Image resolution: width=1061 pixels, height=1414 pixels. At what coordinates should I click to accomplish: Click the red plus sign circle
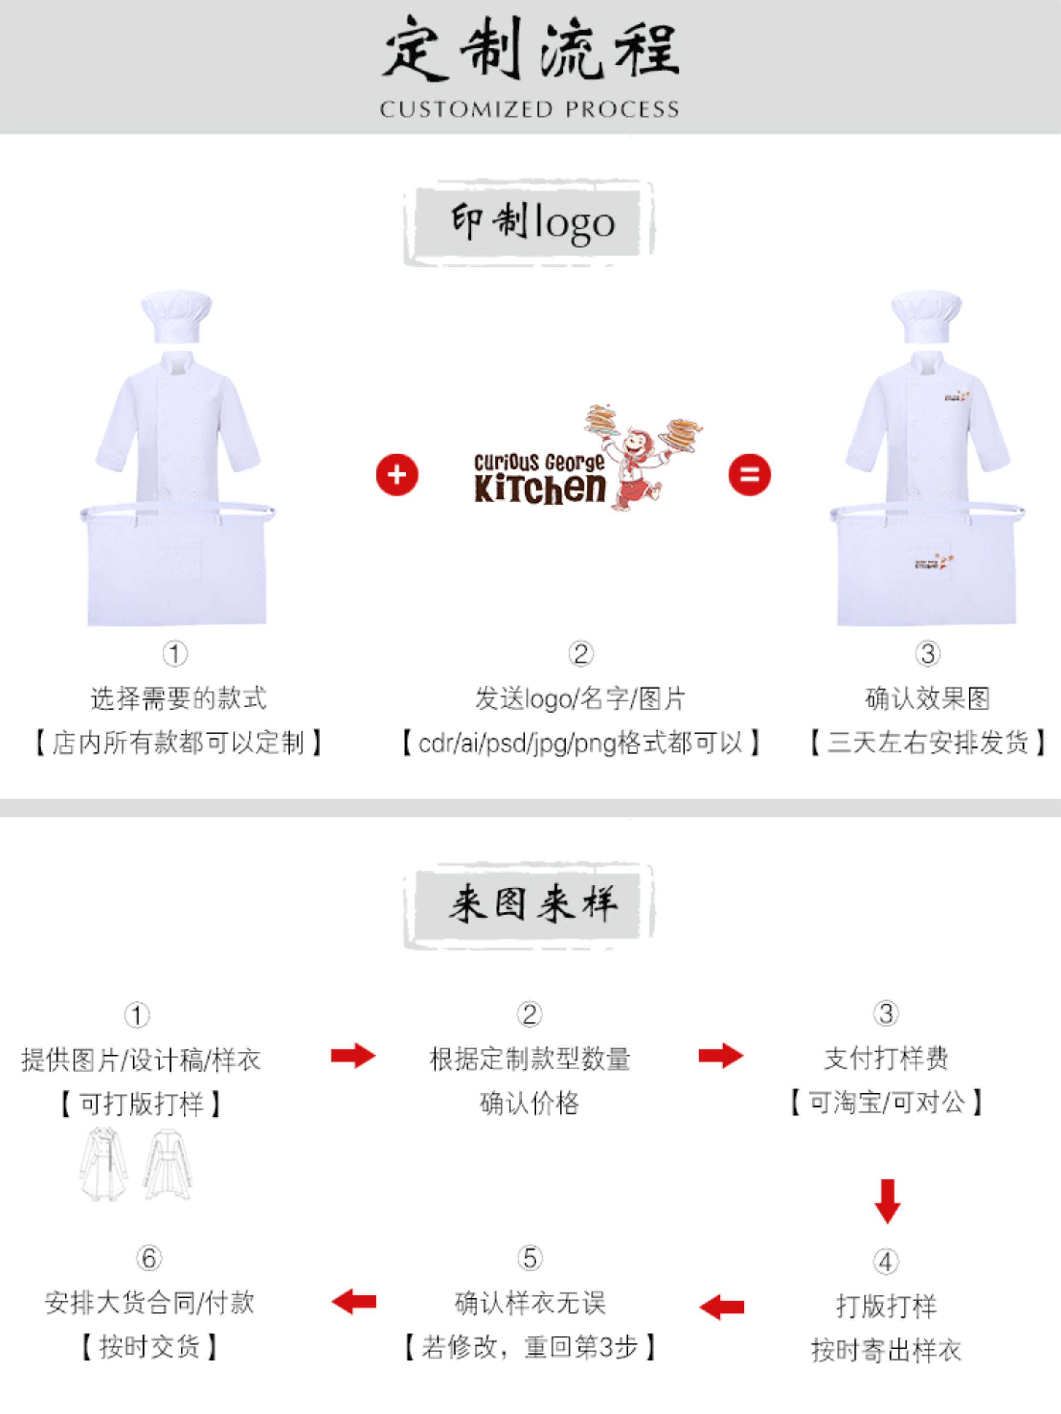397,475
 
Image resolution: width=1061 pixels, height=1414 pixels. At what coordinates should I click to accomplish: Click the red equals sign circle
749,475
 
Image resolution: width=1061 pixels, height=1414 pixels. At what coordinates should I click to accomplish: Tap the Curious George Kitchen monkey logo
587,457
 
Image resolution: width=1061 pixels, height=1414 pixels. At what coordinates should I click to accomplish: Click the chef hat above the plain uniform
176,318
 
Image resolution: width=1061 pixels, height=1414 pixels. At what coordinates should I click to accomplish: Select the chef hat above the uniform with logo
926,318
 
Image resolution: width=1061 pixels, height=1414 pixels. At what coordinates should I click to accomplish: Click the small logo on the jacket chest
957,398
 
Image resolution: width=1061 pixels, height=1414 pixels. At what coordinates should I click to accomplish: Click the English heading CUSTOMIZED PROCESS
529,109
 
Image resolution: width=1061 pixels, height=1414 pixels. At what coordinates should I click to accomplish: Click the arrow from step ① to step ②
353,1055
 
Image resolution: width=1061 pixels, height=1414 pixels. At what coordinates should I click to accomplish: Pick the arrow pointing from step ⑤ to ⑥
353,1301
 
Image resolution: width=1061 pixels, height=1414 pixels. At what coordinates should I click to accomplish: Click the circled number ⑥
149,1258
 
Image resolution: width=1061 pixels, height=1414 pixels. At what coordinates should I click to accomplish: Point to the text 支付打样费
886,1059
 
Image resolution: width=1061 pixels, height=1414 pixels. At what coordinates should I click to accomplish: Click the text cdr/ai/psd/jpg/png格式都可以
581,743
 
